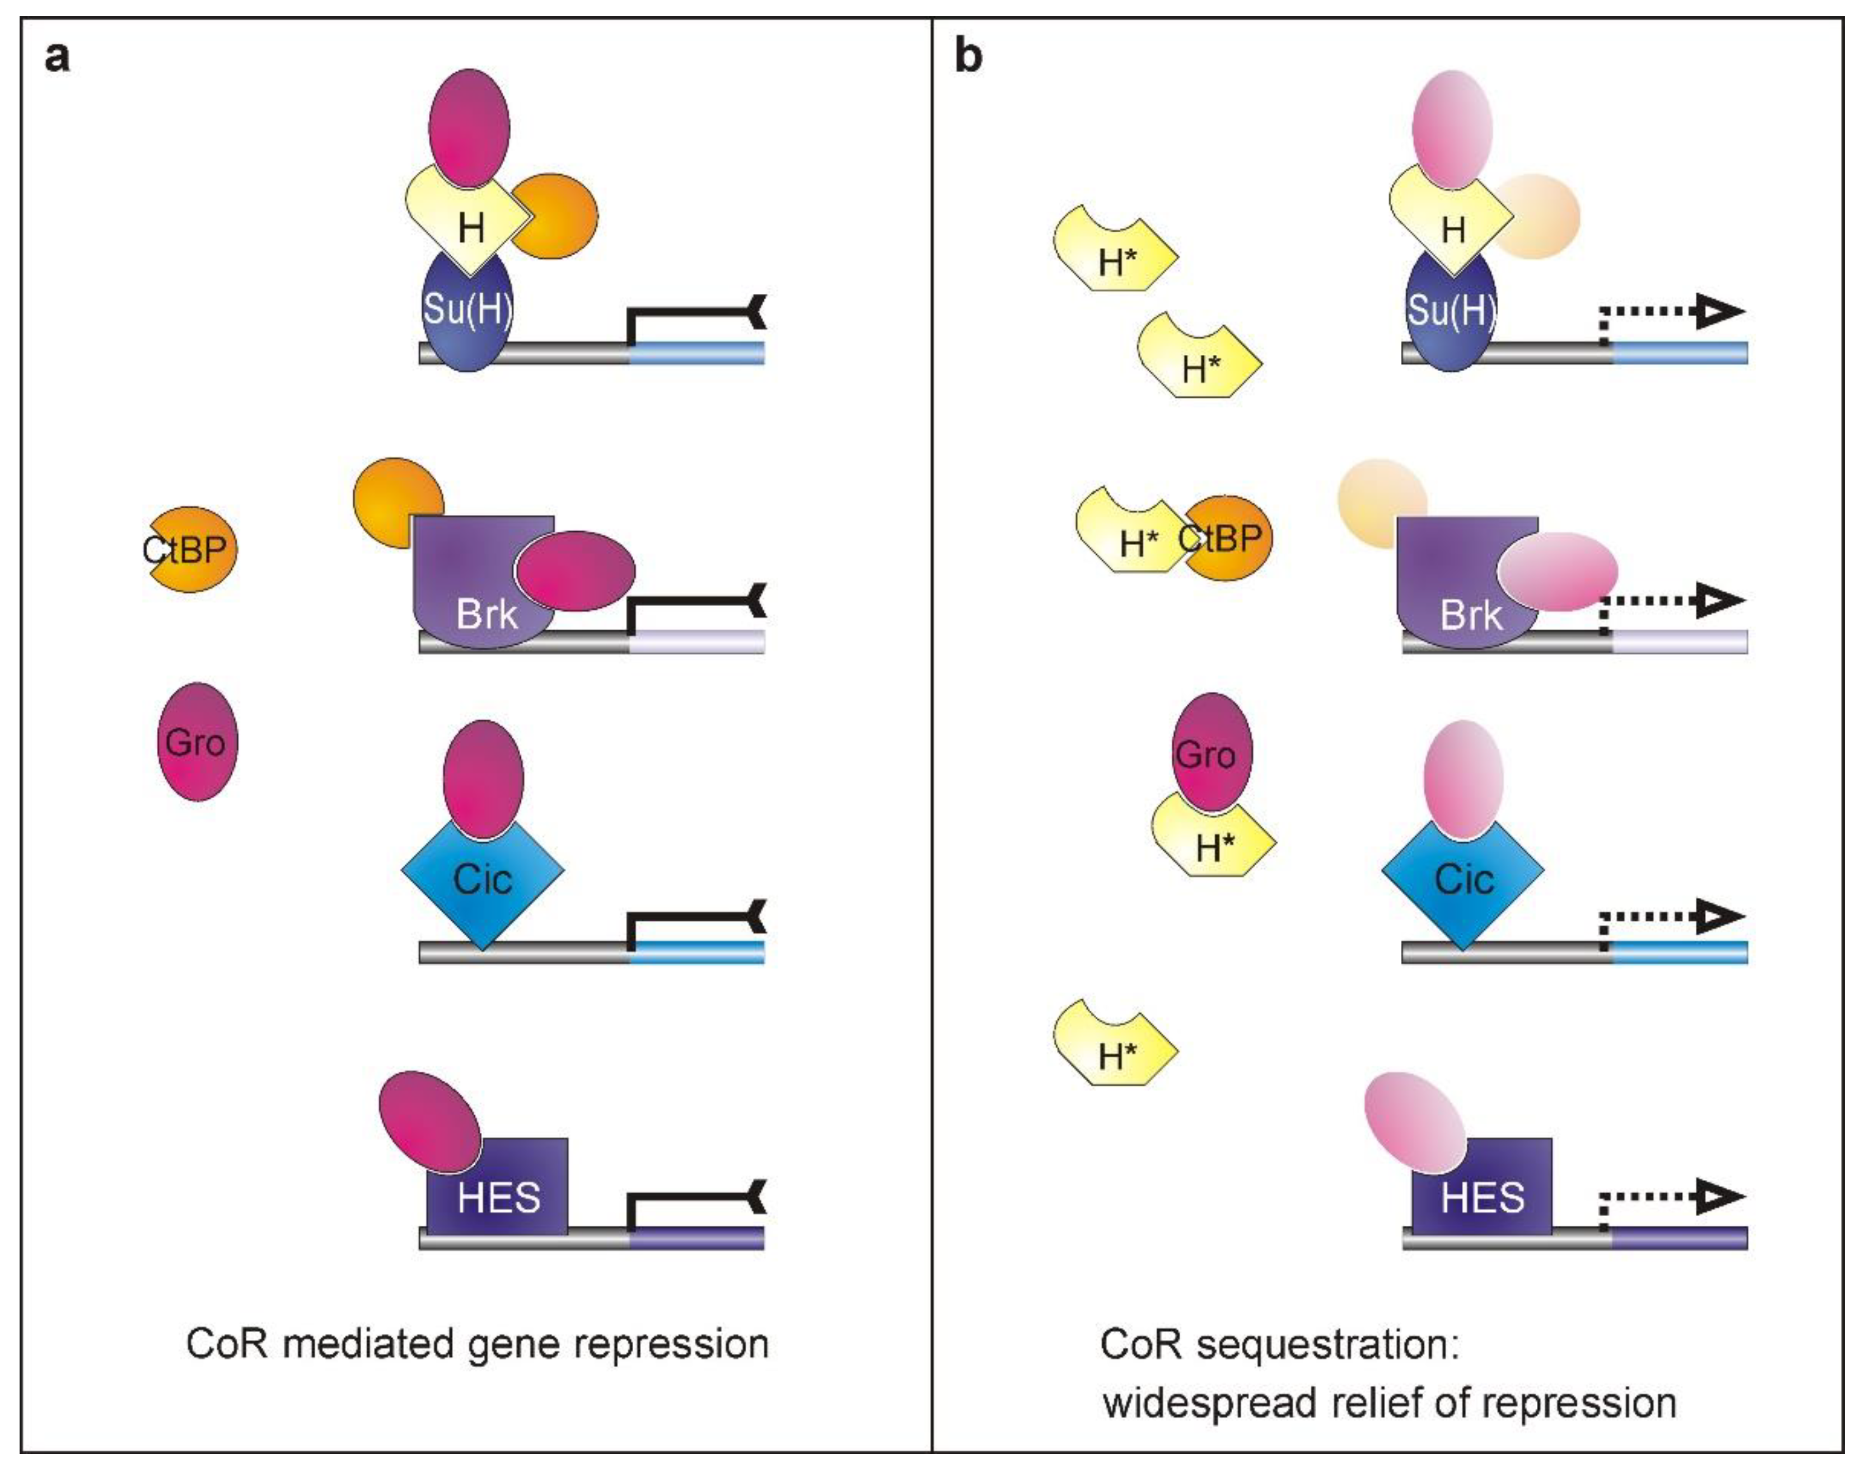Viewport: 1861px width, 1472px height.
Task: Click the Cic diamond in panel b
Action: pos(1463,879)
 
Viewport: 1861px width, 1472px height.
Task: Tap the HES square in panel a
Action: pos(498,1194)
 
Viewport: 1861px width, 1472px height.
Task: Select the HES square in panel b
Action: pos(1483,1194)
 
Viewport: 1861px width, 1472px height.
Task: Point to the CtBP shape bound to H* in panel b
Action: pos(1228,538)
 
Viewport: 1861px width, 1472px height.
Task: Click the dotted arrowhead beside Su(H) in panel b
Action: pos(1720,311)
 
